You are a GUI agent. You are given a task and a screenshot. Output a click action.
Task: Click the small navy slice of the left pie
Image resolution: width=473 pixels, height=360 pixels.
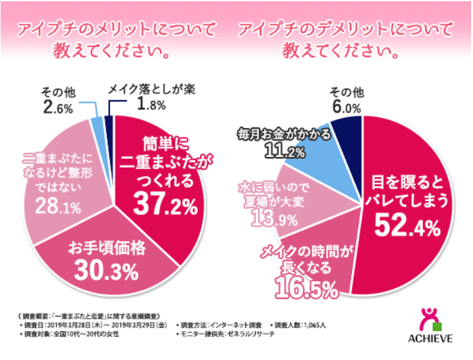[109, 122]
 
